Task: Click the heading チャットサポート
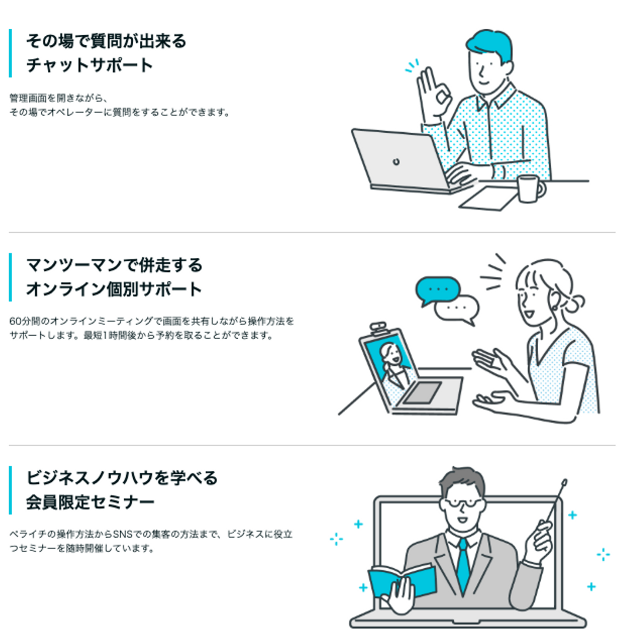tap(89, 65)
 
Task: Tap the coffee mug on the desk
tap(529, 189)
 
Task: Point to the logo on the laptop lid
tap(396, 162)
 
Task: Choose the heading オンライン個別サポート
tap(114, 289)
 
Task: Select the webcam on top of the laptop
tap(378, 327)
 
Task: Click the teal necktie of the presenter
tap(463, 564)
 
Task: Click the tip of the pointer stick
tap(565, 482)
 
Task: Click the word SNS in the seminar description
tap(122, 534)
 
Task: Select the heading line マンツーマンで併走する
tap(114, 265)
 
